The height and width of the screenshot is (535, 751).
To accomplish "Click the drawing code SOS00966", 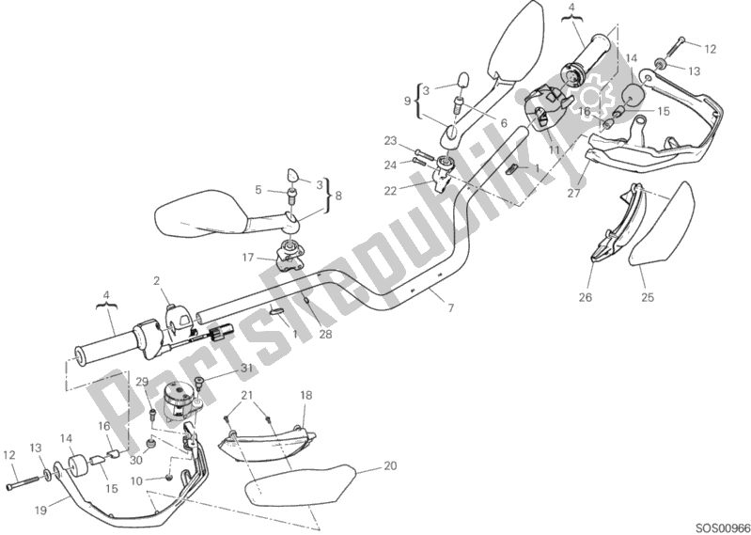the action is (x=723, y=527).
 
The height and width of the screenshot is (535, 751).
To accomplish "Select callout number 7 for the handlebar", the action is (x=451, y=308).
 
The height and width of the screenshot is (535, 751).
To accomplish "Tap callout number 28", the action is (x=325, y=334).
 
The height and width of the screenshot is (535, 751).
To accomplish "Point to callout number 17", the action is (x=247, y=258).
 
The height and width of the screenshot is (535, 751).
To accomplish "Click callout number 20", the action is (x=390, y=465).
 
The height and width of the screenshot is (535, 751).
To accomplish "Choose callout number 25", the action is (x=648, y=297).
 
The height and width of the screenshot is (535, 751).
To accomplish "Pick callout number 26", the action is (x=586, y=297).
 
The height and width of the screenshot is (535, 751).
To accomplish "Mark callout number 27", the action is (x=573, y=193).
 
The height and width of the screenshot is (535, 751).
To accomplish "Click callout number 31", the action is (x=246, y=369).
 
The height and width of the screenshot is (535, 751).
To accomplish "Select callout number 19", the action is (x=40, y=511).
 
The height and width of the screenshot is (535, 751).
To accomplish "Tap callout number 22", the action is (x=390, y=191).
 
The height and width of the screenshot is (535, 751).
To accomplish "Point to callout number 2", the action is (x=156, y=281).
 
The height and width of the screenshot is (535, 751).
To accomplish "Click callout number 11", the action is (x=555, y=149).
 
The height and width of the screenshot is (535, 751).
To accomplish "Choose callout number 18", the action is (x=306, y=395).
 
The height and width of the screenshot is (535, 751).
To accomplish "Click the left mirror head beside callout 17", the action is (x=200, y=213).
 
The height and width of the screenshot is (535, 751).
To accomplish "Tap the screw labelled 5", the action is (x=291, y=195).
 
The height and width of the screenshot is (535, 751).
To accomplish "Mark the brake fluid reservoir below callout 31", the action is (x=180, y=397).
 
